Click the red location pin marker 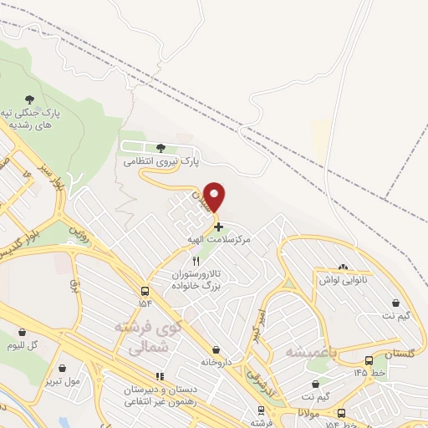[x=216, y=196]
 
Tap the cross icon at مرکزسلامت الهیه [x=218, y=226]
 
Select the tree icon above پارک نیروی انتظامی [x=160, y=148]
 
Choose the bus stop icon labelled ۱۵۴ [x=146, y=291]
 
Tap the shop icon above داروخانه [x=217, y=349]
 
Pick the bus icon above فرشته [x=262, y=410]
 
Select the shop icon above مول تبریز [x=63, y=367]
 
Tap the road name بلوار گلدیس [x=22, y=242]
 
